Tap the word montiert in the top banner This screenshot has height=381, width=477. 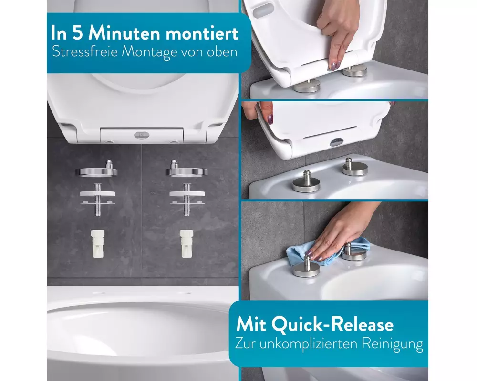[x=202, y=33]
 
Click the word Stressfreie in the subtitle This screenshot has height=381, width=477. [x=85, y=51]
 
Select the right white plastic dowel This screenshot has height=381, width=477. [x=186, y=243]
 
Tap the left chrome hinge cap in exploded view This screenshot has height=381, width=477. [x=97, y=170]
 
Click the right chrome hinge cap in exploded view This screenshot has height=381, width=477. [x=186, y=170]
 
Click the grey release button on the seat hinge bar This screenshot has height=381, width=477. [x=142, y=135]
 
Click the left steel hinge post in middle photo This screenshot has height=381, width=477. [x=306, y=181]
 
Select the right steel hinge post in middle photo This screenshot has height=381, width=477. [x=355, y=167]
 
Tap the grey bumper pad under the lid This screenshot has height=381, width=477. [x=262, y=10]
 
